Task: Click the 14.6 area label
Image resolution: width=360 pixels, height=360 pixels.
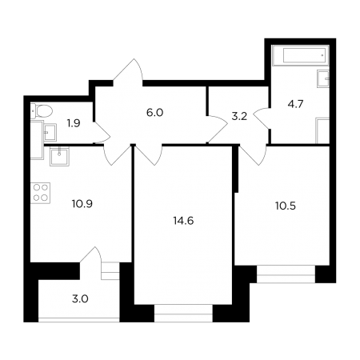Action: (x=183, y=221)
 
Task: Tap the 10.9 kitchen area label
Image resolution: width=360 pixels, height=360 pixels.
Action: (x=82, y=204)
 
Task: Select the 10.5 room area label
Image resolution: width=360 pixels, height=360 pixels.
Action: (x=286, y=206)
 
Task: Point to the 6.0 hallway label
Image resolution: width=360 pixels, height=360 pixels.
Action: (x=154, y=113)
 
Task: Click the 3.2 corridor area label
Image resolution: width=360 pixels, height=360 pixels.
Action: (x=239, y=117)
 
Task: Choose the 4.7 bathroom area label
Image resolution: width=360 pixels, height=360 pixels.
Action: (x=295, y=104)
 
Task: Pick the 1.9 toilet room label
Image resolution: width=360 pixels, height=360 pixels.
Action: (x=74, y=123)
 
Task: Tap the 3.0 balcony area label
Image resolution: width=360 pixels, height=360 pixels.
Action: (x=80, y=299)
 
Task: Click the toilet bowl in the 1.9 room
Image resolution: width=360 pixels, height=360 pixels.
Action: (x=42, y=111)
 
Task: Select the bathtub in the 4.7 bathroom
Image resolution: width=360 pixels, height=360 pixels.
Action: (x=301, y=55)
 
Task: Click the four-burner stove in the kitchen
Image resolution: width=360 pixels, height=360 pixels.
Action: (x=41, y=193)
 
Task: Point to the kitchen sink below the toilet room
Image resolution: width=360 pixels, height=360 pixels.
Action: (x=59, y=156)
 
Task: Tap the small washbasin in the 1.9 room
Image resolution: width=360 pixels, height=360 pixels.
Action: (x=50, y=132)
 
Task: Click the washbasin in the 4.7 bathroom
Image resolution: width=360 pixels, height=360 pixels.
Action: (x=323, y=78)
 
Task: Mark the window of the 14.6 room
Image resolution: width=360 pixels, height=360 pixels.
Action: (x=183, y=314)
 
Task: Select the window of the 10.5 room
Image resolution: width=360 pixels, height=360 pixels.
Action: (x=286, y=274)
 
